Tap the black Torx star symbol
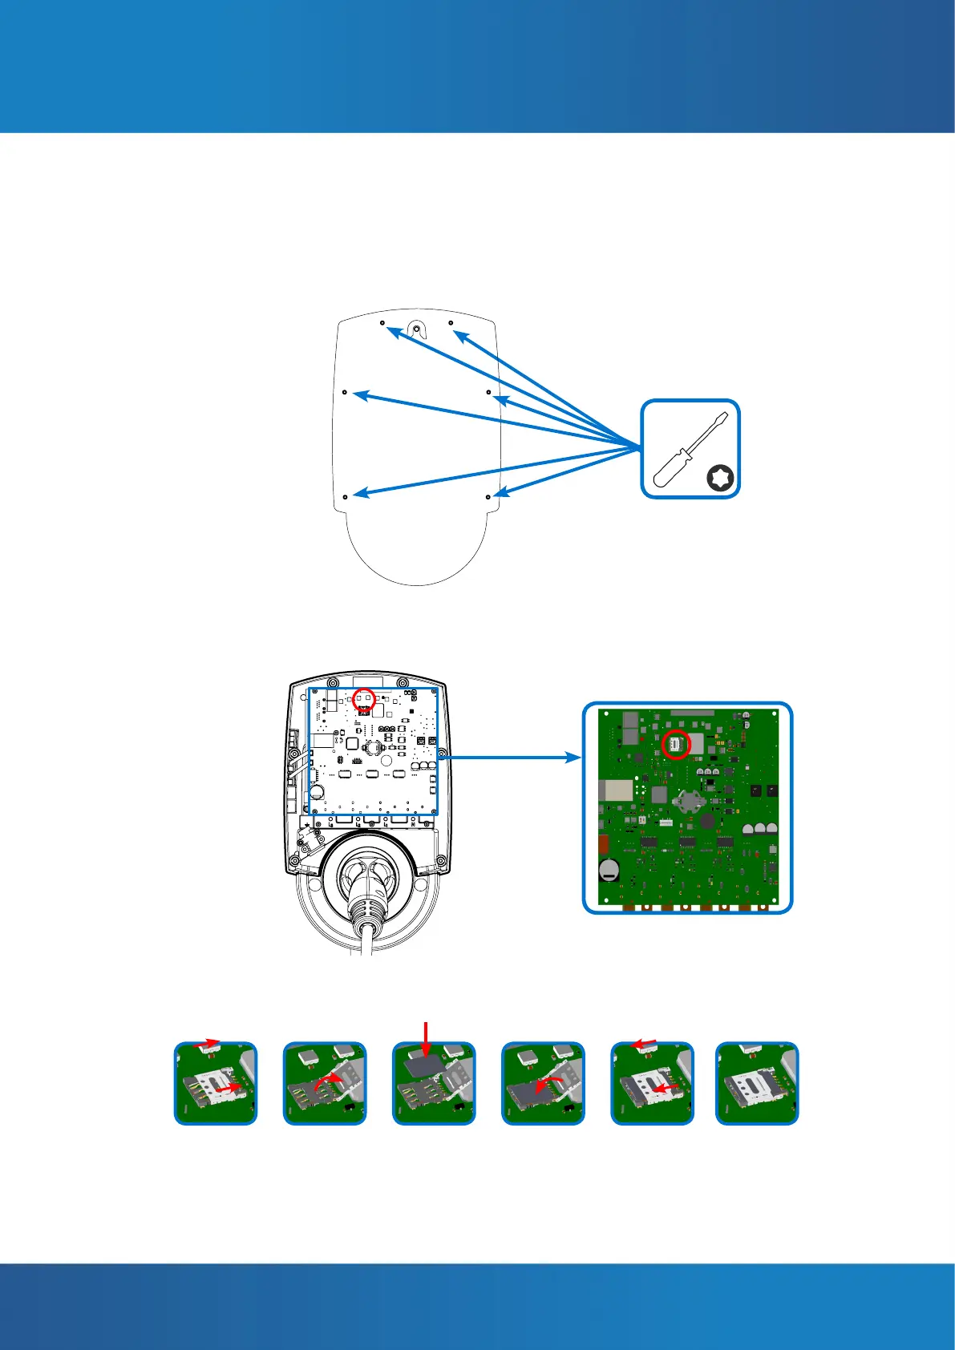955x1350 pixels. click(x=721, y=479)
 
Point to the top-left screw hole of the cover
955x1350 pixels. click(x=382, y=323)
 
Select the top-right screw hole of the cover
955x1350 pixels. click(x=451, y=323)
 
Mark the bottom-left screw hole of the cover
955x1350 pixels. click(x=345, y=497)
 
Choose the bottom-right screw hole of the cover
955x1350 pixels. click(x=488, y=497)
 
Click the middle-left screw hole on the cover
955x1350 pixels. click(x=345, y=393)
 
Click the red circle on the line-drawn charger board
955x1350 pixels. click(x=365, y=699)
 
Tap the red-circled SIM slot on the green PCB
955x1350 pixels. click(x=676, y=745)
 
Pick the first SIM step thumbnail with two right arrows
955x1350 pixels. click(x=216, y=1083)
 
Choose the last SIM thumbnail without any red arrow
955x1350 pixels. click(x=757, y=1083)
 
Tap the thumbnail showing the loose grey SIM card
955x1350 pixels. click(x=434, y=1083)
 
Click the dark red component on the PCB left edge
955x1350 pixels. click(x=605, y=844)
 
